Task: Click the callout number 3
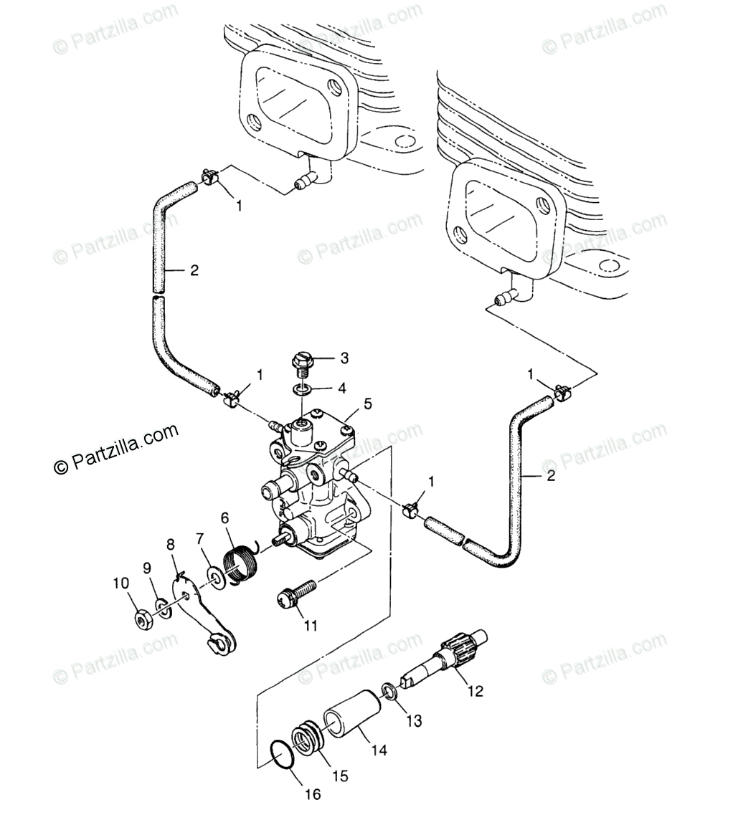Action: coord(344,358)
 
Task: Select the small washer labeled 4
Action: coord(301,391)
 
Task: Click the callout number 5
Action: coord(367,404)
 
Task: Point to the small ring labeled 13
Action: coord(390,692)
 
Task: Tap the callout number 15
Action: coord(340,776)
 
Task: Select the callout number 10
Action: coord(121,583)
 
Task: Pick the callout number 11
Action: coord(310,625)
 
